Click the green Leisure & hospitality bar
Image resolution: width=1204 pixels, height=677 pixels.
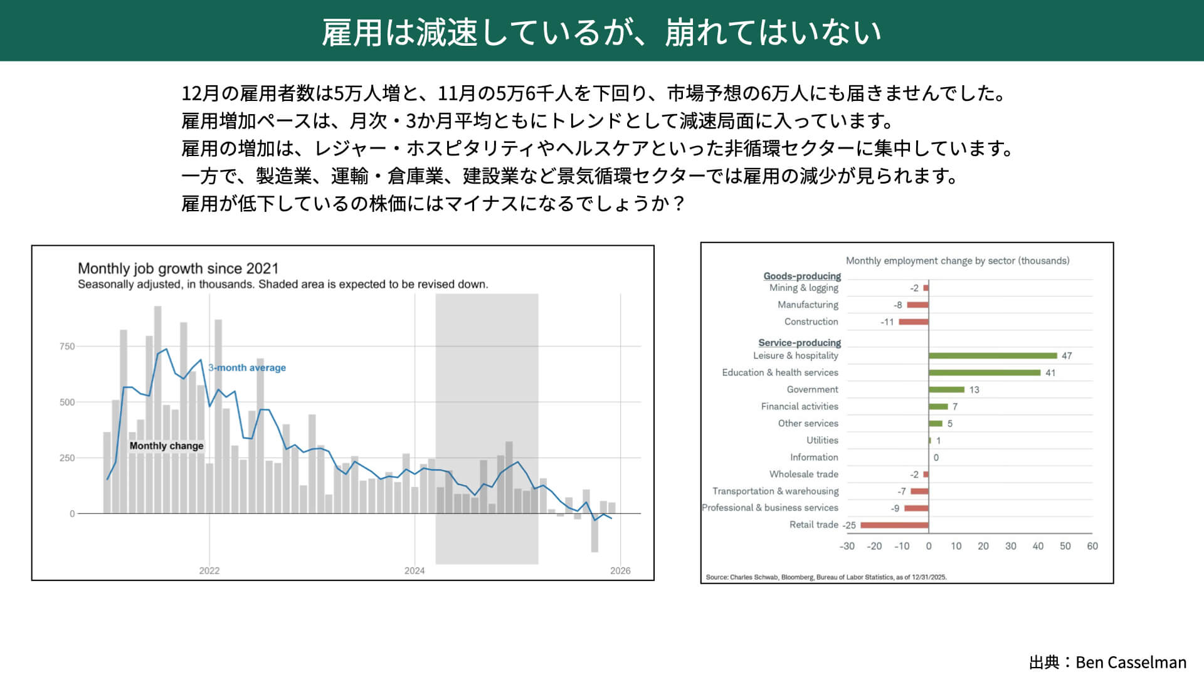993,355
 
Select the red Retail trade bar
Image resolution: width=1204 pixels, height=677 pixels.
895,525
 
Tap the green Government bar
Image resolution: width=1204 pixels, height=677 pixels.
946,389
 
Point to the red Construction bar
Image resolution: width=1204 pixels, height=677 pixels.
914,322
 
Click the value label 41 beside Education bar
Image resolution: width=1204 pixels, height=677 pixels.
1050,373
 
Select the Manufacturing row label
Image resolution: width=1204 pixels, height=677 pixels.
808,305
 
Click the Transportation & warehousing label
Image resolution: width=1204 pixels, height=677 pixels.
775,491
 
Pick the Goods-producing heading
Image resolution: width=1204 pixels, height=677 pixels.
802,276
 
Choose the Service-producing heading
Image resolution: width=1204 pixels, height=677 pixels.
800,343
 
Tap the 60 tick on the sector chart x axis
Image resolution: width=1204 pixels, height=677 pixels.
1092,546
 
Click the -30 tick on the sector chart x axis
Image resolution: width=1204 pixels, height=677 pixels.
847,546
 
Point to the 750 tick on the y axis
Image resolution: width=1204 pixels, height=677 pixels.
67,346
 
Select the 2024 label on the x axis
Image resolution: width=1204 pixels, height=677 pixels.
415,570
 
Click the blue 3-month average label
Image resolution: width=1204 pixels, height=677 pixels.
247,367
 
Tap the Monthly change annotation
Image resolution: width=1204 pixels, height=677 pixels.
166,446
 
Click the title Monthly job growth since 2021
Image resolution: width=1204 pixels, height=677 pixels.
178,268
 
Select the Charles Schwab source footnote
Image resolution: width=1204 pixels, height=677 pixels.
826,577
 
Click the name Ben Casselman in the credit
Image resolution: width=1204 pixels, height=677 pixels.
1131,663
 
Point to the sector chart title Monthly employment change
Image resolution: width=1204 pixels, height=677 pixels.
958,261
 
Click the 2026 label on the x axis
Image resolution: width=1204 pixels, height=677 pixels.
620,570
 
